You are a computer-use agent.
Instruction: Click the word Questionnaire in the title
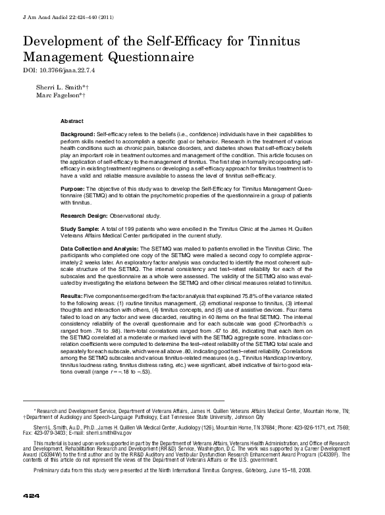point(149,58)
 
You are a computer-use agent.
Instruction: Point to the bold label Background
point(77,134)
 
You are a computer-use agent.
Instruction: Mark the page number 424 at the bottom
point(32,495)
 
